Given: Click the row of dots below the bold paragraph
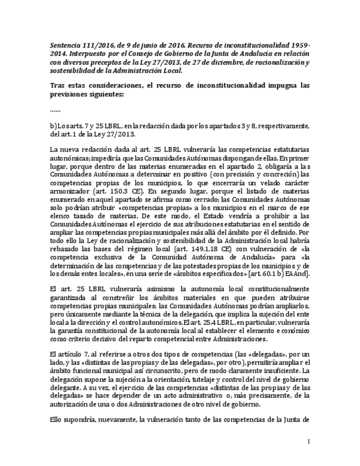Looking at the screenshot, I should (55, 109).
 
